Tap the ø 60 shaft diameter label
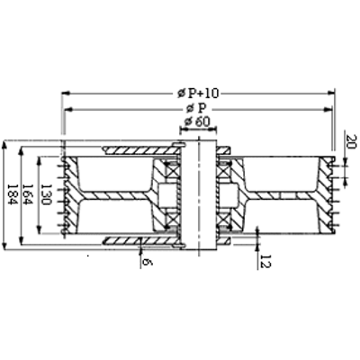pyautogui.click(x=197, y=122)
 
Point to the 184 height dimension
pyautogui.click(x=10, y=192)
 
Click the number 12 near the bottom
pyautogui.click(x=265, y=260)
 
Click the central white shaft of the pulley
pyautogui.click(x=197, y=193)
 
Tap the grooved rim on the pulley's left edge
pyautogui.click(x=65, y=193)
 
